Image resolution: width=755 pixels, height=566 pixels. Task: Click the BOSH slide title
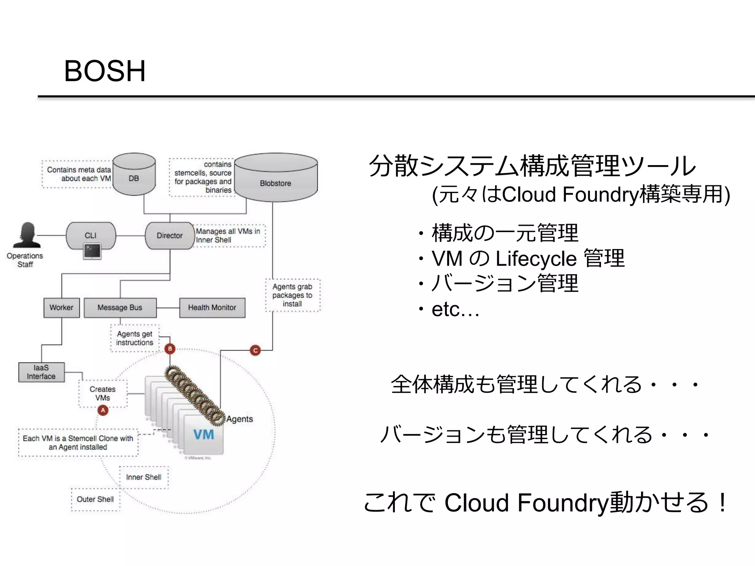(x=105, y=71)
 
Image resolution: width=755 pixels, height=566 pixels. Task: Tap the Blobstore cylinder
(x=276, y=178)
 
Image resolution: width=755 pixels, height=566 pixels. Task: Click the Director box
(x=170, y=235)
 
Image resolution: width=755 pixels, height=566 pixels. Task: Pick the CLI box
(x=91, y=235)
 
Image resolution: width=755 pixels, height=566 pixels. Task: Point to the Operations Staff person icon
(x=27, y=235)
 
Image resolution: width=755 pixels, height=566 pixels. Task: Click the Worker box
(x=62, y=307)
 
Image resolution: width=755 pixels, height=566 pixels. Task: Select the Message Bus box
(x=120, y=307)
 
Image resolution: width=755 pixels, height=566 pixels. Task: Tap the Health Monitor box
(x=212, y=307)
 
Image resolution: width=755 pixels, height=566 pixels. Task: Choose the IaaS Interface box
(x=41, y=372)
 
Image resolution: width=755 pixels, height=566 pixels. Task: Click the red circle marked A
(x=103, y=410)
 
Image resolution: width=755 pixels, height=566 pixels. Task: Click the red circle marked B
(x=170, y=349)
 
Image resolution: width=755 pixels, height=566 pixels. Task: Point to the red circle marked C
(x=255, y=350)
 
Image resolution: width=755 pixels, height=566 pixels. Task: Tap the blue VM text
(x=203, y=434)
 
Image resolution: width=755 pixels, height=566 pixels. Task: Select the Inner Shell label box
(x=144, y=477)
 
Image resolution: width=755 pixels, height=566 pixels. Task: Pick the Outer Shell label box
(x=95, y=499)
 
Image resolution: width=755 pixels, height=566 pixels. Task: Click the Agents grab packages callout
(x=292, y=295)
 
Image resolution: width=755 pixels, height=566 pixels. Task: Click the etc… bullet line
(x=455, y=310)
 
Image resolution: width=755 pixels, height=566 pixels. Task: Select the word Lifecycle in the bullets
(x=536, y=259)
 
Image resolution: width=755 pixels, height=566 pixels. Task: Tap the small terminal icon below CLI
(x=92, y=251)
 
